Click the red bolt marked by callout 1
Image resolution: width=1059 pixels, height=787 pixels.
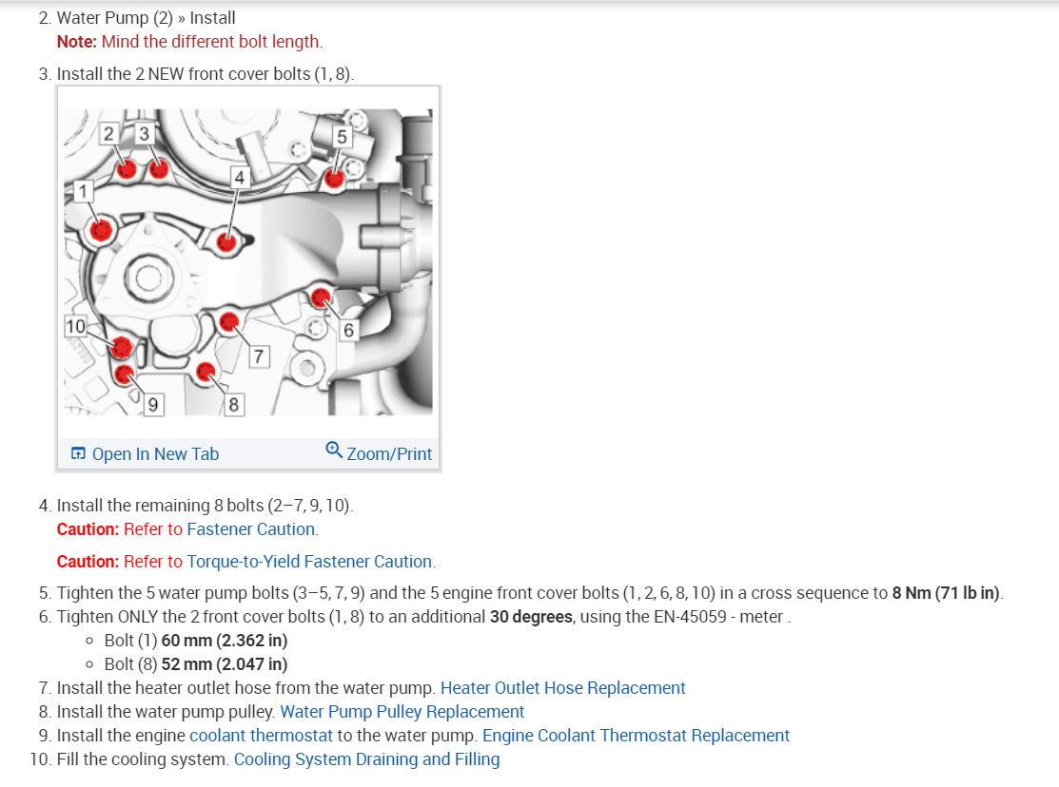pyautogui.click(x=101, y=229)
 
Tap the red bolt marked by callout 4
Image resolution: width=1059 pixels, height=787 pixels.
pyautogui.click(x=226, y=241)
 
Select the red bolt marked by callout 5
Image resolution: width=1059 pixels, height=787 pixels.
pyautogui.click(x=334, y=178)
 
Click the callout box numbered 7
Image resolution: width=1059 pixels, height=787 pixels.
pyautogui.click(x=259, y=356)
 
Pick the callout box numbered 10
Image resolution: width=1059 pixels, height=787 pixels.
pyautogui.click(x=75, y=326)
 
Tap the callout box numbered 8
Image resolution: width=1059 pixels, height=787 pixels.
pyautogui.click(x=233, y=405)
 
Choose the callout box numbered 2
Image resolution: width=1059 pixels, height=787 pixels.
pyautogui.click(x=109, y=134)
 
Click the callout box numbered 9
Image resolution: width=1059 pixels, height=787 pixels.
pyautogui.click(x=152, y=405)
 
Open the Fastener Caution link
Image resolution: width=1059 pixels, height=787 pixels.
pyautogui.click(x=251, y=529)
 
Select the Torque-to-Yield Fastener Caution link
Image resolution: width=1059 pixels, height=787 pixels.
pyautogui.click(x=309, y=562)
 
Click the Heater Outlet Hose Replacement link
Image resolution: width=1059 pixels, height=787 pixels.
pyautogui.click(x=562, y=688)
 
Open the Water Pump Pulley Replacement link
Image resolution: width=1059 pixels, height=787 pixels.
pyautogui.click(x=402, y=712)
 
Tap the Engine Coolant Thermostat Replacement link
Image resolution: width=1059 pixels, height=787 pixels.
pyautogui.click(x=636, y=736)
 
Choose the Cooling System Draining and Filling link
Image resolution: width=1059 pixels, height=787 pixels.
pyautogui.click(x=366, y=759)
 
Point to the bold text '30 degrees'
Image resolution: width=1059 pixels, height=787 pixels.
pyautogui.click(x=530, y=617)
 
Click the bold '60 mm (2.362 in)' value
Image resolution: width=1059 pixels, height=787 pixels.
pyautogui.click(x=225, y=641)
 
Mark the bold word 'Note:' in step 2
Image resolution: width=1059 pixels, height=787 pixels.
pyautogui.click(x=77, y=42)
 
